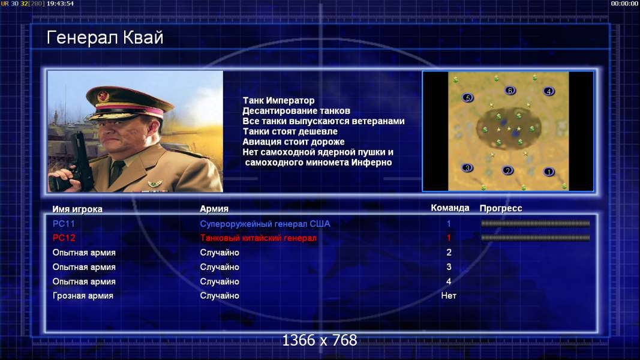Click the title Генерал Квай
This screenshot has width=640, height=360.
[105, 38]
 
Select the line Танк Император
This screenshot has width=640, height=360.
[278, 100]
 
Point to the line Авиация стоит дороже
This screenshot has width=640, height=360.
[293, 142]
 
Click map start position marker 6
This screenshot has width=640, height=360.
[510, 91]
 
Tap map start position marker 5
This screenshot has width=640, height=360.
[468, 98]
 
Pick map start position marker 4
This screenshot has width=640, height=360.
[549, 91]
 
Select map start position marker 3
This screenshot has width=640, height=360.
[467, 168]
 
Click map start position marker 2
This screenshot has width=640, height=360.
[507, 170]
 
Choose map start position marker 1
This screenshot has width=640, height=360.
[549, 172]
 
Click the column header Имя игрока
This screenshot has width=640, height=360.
[77, 209]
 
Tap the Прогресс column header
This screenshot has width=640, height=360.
[501, 208]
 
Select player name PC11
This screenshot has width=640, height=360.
[64, 224]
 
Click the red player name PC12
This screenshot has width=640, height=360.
[64, 238]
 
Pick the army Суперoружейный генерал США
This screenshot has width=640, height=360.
[265, 224]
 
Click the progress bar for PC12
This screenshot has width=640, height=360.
[536, 238]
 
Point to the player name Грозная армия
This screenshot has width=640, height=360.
[83, 296]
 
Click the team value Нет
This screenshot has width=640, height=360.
[449, 296]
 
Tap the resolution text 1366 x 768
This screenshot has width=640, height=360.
[320, 340]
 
